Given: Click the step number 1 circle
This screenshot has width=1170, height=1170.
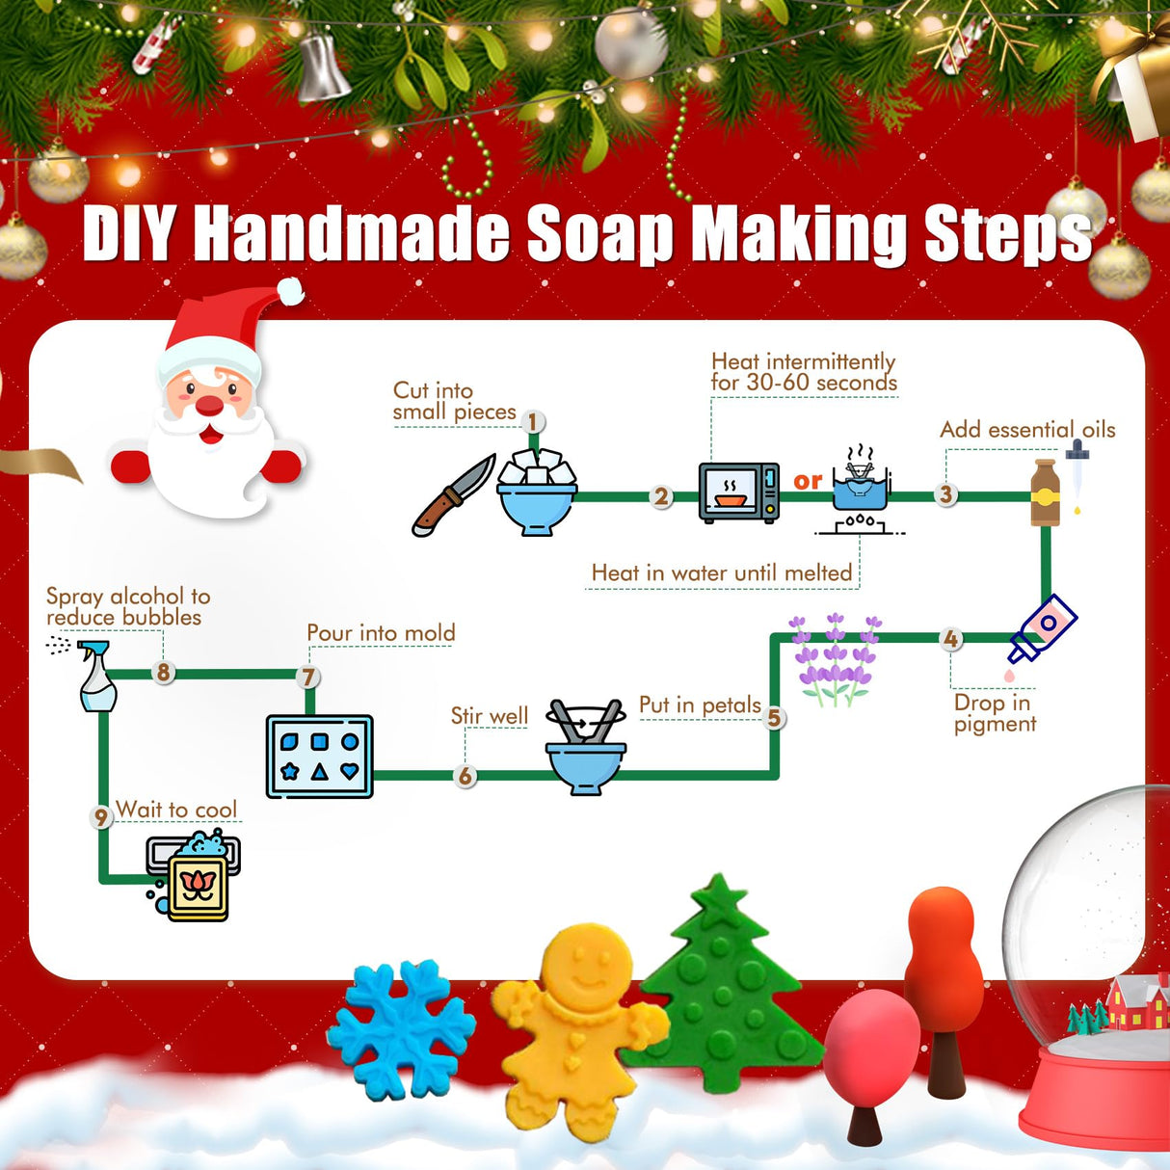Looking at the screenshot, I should [x=533, y=421].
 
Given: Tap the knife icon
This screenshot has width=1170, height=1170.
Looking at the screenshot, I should [x=452, y=496].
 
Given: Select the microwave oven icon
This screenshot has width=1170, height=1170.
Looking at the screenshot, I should [x=738, y=492].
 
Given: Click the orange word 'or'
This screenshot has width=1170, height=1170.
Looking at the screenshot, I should [x=808, y=481].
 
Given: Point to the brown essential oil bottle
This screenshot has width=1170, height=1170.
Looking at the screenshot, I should [x=1045, y=493].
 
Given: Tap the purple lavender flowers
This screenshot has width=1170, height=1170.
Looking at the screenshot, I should [x=835, y=660].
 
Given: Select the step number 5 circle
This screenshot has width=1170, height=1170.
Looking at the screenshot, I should [x=773, y=718].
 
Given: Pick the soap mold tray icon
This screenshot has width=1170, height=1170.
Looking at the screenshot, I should [x=319, y=757].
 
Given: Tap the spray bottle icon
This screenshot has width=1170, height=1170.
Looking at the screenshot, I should [x=96, y=677].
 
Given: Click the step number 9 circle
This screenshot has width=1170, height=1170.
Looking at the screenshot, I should [x=101, y=817].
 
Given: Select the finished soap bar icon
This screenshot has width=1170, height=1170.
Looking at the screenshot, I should [x=197, y=881].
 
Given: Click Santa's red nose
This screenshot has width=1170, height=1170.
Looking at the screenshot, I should [x=209, y=406].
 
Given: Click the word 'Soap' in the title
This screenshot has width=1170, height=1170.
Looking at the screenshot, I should [x=598, y=234].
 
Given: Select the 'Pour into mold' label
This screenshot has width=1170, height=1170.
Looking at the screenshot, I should [x=381, y=633].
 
